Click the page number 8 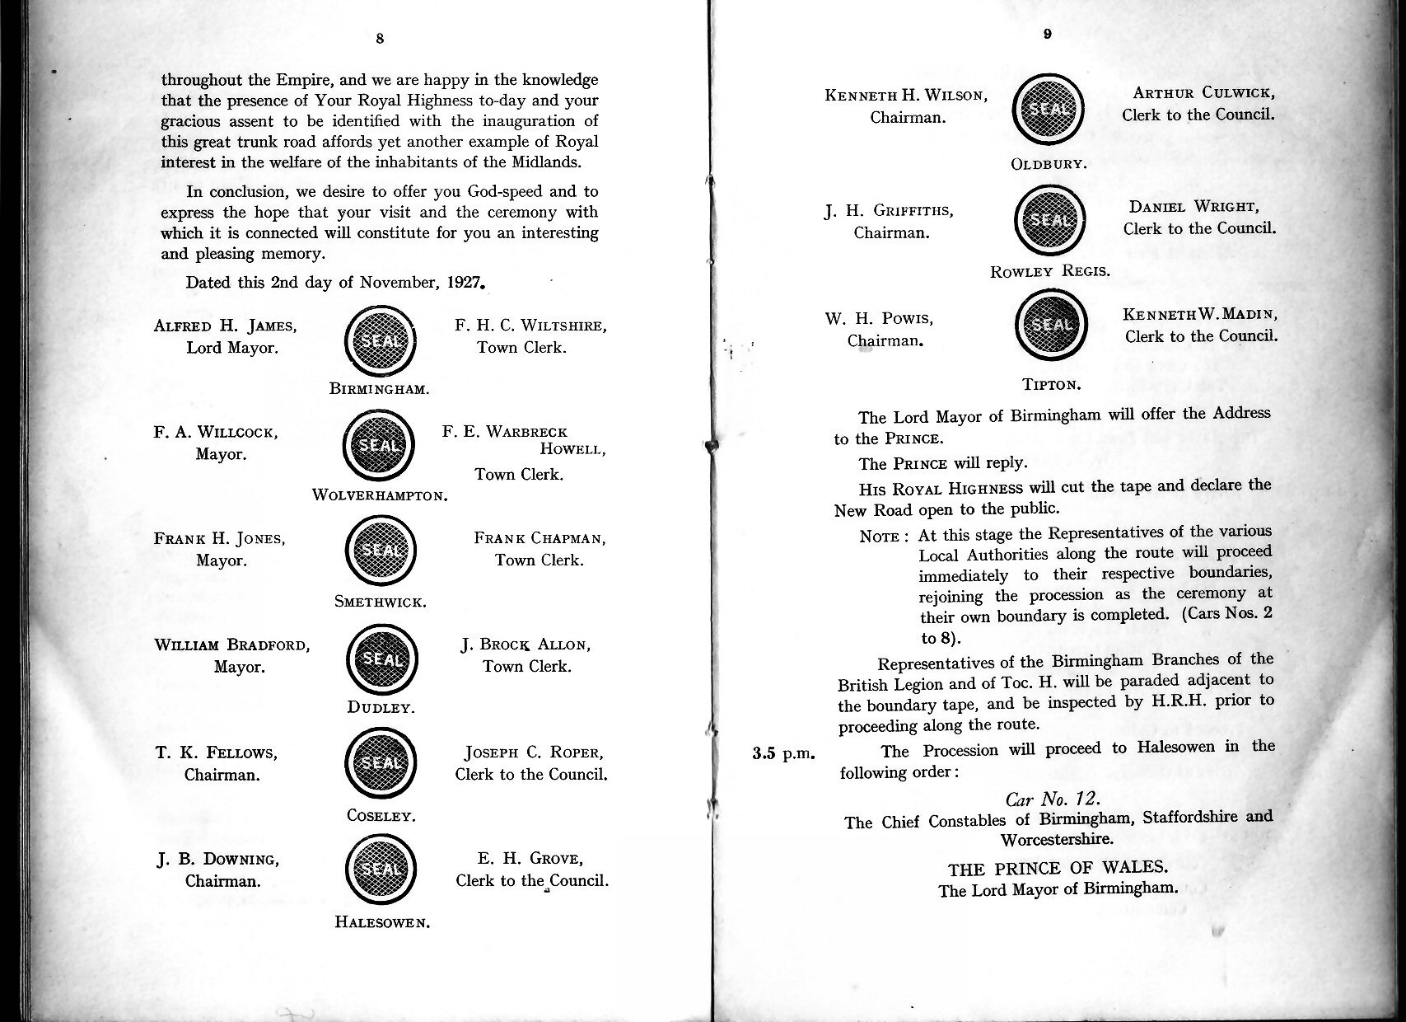(379, 39)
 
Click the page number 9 (1046, 34)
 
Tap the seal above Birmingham (380, 340)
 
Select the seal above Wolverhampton (378, 445)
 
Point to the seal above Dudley (381, 659)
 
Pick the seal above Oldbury (1048, 110)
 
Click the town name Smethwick (381, 602)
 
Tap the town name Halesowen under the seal (383, 922)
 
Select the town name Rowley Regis (1049, 271)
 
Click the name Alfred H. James (226, 326)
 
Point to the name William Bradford (232, 645)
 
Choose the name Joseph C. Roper (534, 752)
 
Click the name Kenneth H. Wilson (906, 95)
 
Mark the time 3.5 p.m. (783, 753)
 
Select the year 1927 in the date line (464, 282)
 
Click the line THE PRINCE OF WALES (1058, 868)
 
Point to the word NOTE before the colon (879, 537)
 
